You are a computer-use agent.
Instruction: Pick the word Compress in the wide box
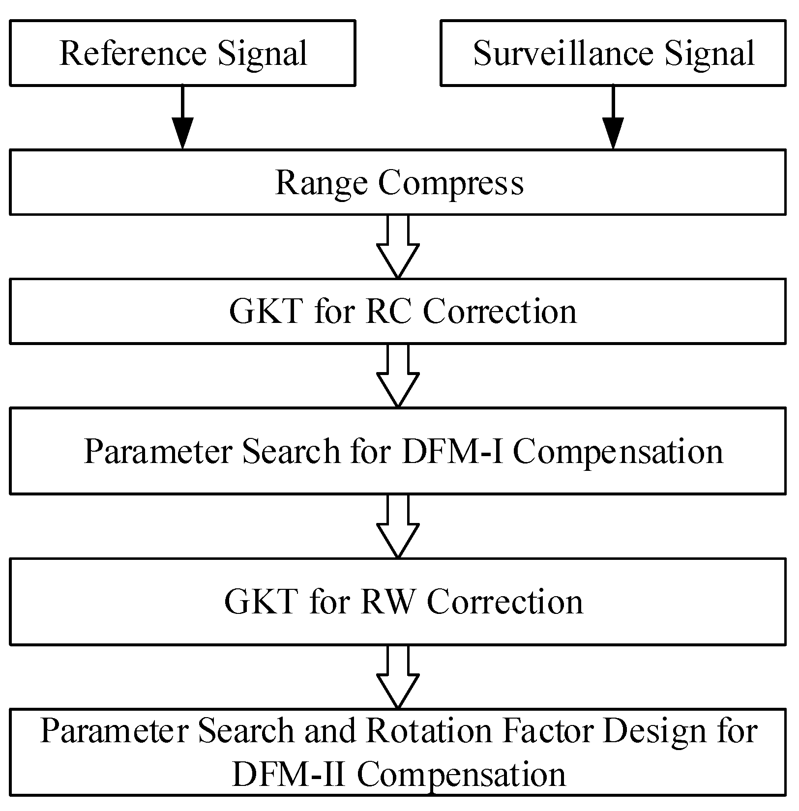click(451, 183)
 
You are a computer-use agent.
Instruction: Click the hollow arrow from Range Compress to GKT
click(398, 248)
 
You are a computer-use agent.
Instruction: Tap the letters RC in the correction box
click(388, 312)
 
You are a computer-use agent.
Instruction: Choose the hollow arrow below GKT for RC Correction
click(398, 377)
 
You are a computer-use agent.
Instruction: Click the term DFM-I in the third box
click(452, 451)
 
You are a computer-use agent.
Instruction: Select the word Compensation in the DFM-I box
click(618, 451)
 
